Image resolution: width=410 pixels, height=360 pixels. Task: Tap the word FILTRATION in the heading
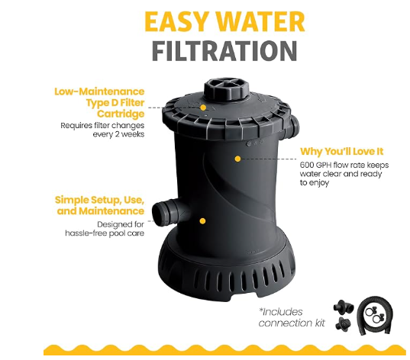224,51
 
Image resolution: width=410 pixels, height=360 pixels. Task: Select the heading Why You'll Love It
342,152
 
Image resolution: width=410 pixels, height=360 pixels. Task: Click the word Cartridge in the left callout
121,114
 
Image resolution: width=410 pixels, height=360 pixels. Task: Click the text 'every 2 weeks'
118,134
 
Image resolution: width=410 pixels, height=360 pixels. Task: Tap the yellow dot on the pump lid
203,108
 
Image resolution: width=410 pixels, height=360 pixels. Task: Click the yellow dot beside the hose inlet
202,221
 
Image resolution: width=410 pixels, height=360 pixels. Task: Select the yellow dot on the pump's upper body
237,159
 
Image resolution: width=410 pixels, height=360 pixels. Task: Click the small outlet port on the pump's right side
294,125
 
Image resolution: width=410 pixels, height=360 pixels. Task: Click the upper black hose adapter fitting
344,307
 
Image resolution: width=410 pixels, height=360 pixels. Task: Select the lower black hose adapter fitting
344,324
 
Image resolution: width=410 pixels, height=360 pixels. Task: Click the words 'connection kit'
292,323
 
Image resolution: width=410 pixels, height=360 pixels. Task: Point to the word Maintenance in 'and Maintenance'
111,211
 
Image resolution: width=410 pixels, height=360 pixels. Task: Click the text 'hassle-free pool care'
105,233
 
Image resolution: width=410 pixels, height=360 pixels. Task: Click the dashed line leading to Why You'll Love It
268,159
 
